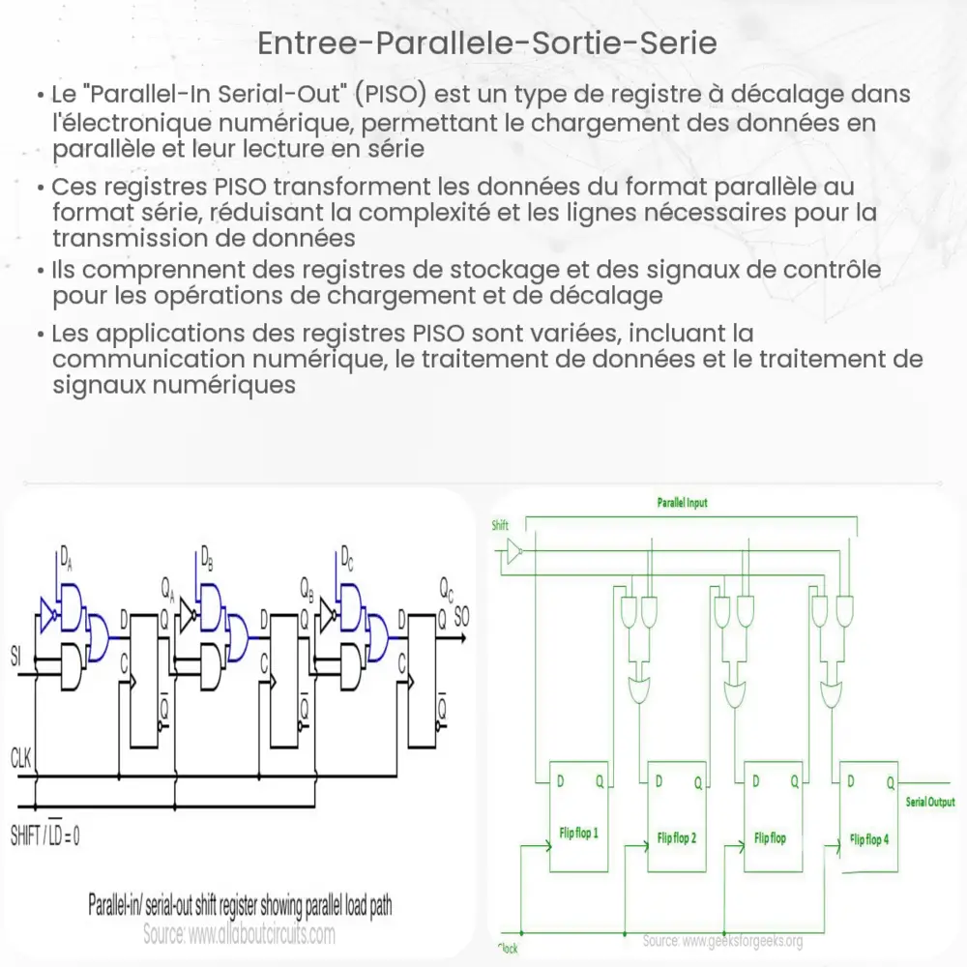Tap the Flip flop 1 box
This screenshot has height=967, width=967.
[x=578, y=817]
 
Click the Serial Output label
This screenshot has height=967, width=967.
[x=929, y=802]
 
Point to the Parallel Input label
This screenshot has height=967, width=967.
[x=683, y=504]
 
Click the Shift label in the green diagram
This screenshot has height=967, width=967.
[x=500, y=526]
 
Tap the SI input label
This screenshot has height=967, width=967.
[x=15, y=658]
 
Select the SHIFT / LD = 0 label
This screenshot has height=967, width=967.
[x=45, y=835]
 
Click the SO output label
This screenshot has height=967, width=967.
[x=462, y=614]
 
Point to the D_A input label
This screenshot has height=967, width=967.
[x=65, y=558]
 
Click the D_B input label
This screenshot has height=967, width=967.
[x=206, y=558]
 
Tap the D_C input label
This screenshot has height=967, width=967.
[x=346, y=558]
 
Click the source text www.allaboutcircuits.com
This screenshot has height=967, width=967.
[x=239, y=935]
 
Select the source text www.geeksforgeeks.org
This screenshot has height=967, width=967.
[x=723, y=941]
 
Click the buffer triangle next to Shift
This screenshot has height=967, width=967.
[x=513, y=553]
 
